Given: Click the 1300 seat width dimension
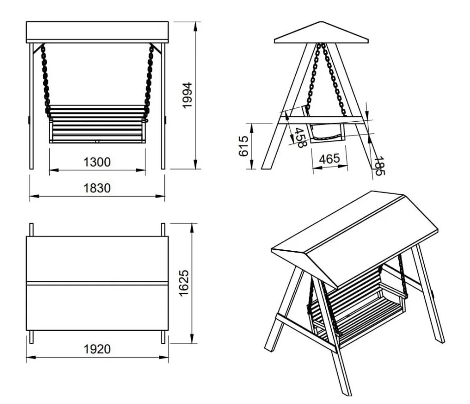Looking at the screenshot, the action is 97,162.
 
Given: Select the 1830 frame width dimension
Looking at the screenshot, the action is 97,188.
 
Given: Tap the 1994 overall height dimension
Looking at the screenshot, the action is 188,95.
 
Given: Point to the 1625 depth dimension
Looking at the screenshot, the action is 184,283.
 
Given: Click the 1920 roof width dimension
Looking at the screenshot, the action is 97,349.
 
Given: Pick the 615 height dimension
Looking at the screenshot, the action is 244,146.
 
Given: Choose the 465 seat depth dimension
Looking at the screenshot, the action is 329,159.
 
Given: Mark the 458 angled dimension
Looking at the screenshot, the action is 300,138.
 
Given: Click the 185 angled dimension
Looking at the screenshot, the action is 378,166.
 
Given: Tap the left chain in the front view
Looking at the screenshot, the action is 46,80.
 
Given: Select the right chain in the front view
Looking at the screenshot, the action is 149,80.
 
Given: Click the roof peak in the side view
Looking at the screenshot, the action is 321,22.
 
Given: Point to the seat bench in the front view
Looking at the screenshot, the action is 97,124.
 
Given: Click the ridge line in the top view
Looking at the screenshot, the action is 97,283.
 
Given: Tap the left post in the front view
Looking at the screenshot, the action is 31,106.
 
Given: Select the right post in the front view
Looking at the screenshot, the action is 163,106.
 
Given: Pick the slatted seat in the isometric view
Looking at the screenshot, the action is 358,309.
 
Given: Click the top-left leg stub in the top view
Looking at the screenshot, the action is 31,230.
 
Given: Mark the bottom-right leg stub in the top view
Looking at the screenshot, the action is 163,337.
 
